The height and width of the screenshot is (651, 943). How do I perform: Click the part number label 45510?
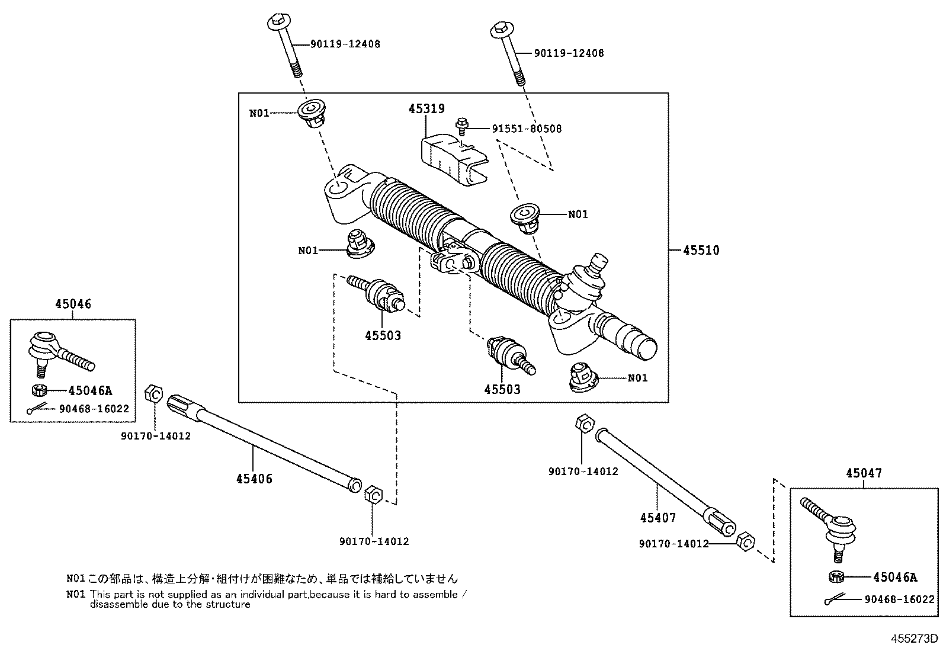click(701, 251)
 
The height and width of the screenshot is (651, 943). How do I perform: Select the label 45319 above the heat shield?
click(426, 109)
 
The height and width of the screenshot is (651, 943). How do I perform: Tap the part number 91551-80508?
click(527, 129)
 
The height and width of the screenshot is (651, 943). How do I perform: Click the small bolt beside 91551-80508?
click(461, 125)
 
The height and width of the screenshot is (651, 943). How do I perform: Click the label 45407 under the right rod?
click(657, 518)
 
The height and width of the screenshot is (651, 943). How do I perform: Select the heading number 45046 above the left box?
click(73, 304)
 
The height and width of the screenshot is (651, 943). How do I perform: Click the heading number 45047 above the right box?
click(864, 473)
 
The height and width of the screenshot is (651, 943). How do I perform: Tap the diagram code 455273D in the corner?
click(915, 639)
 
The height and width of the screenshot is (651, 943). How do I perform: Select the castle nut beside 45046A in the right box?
click(836, 576)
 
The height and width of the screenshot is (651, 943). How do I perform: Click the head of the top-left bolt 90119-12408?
click(278, 23)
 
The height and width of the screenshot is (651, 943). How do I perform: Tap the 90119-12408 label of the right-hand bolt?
click(569, 53)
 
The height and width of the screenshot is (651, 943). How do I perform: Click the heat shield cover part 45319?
click(453, 159)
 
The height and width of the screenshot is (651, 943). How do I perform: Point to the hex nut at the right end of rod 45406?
click(373, 493)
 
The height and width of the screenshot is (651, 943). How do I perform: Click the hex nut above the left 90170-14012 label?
click(153, 393)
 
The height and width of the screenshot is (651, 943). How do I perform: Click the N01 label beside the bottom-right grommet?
click(637, 378)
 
